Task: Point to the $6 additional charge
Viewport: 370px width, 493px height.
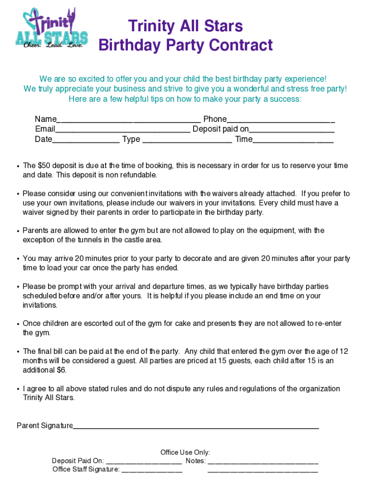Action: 62,370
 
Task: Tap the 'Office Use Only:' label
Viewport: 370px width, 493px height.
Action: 185,453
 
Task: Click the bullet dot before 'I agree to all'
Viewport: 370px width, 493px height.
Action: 18,389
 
